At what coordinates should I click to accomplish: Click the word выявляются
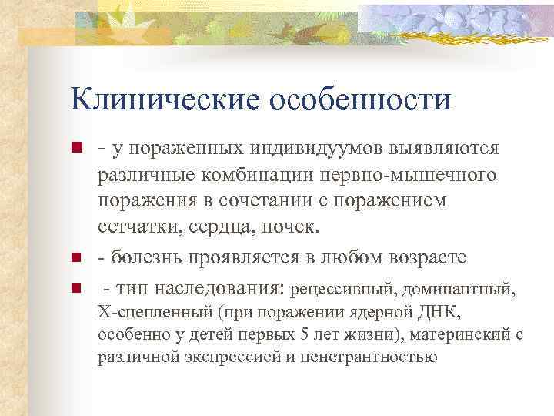(434, 147)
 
